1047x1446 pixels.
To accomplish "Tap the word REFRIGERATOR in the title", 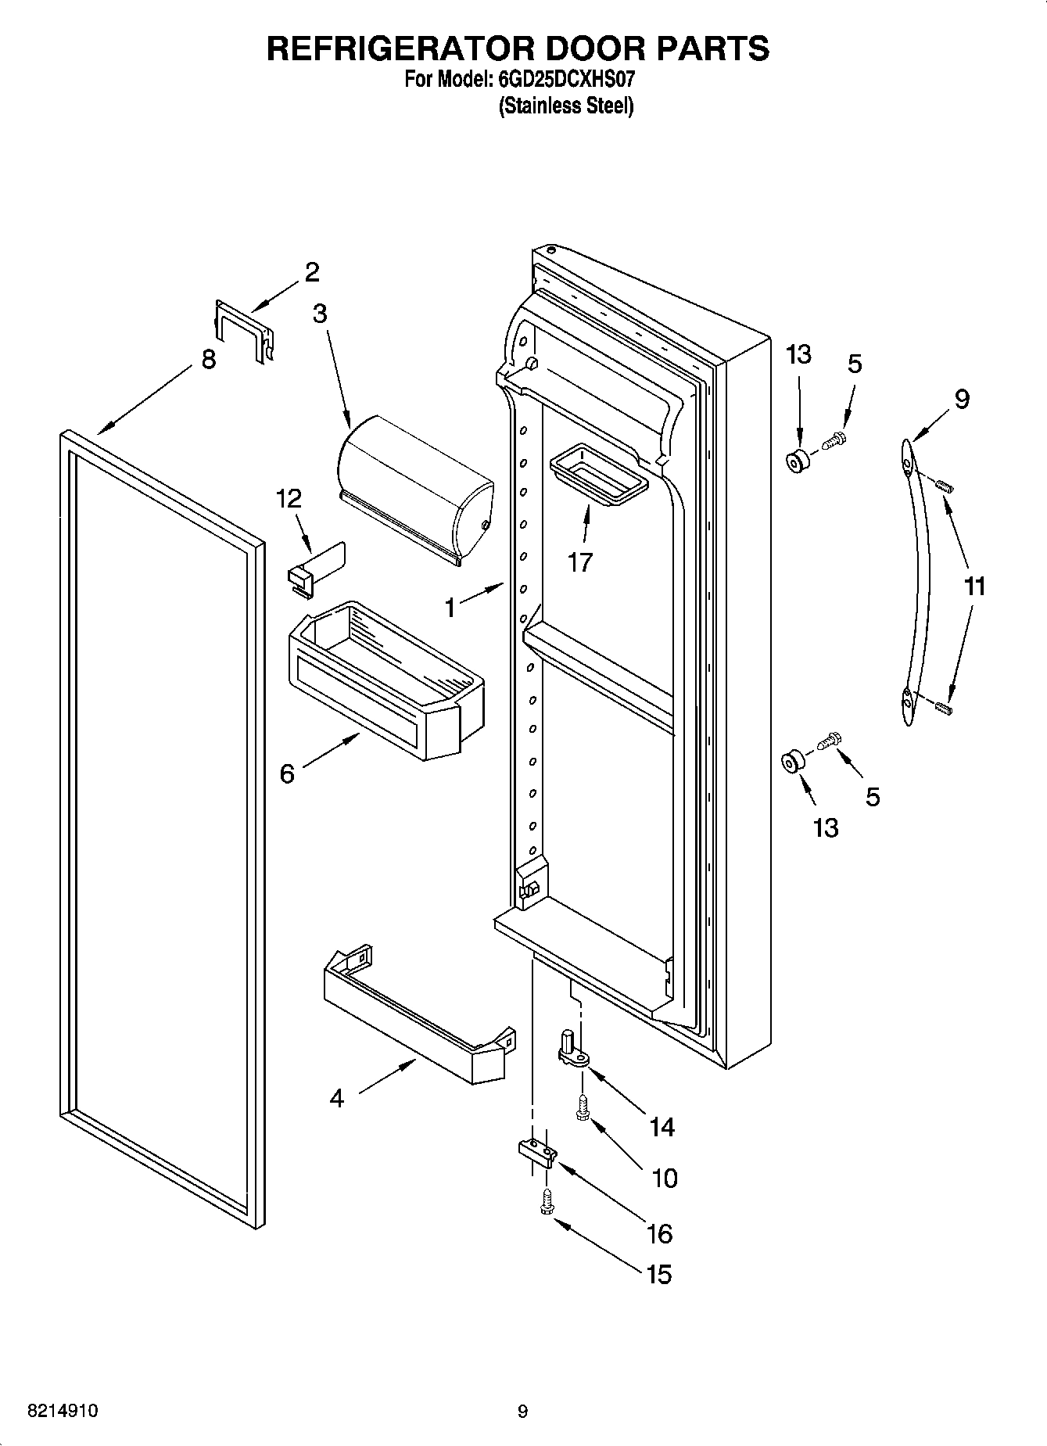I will (400, 48).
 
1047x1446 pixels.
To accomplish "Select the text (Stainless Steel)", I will (566, 106).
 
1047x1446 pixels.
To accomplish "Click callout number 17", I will (579, 562).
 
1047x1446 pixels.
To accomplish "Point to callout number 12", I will (289, 499).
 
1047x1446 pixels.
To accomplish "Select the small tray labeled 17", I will (599, 473).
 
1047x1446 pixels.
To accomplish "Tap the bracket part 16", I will (536, 1153).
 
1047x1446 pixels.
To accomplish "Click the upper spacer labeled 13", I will (797, 461).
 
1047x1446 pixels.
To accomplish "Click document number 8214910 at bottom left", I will (63, 1411).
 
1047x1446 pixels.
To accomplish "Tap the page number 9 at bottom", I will (522, 1412).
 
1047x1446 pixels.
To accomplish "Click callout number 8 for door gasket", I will (208, 361).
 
